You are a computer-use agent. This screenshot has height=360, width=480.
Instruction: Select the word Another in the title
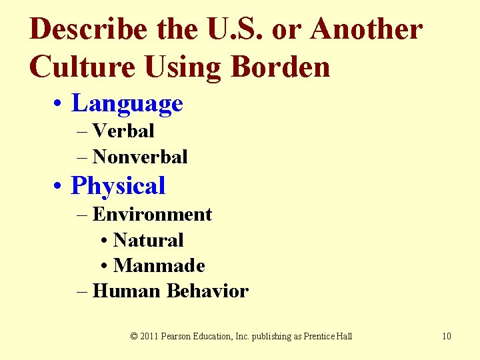pyautogui.click(x=366, y=30)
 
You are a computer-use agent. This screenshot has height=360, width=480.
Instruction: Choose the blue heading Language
pyautogui.click(x=127, y=103)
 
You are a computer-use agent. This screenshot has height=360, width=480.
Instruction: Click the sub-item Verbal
pyautogui.click(x=123, y=131)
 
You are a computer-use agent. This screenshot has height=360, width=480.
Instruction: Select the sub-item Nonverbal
pyautogui.click(x=140, y=157)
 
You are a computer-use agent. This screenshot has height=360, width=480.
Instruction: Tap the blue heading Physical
pyautogui.click(x=118, y=186)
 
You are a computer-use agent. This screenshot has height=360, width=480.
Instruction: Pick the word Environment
pyautogui.click(x=152, y=215)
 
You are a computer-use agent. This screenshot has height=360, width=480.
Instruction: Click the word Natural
pyautogui.click(x=148, y=240)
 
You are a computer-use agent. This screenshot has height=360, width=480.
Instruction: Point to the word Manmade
pyautogui.click(x=159, y=265)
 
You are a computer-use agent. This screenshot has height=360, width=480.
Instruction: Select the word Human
pyautogui.click(x=127, y=291)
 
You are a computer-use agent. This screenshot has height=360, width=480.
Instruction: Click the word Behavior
pyautogui.click(x=207, y=291)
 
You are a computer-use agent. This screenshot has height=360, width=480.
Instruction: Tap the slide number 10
pyautogui.click(x=446, y=336)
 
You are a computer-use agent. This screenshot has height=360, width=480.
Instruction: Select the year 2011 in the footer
pyautogui.click(x=149, y=336)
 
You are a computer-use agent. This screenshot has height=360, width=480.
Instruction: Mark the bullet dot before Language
pyautogui.click(x=61, y=105)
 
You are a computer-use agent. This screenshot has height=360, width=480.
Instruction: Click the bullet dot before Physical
pyautogui.click(x=61, y=187)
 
